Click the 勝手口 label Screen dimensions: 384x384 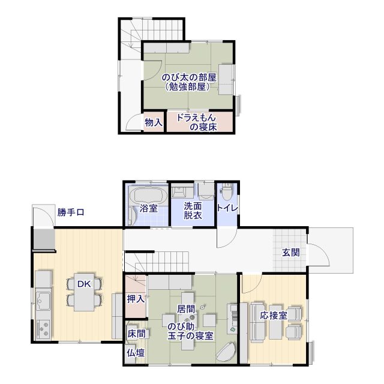(71, 212)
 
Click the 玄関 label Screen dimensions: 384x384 (291, 252)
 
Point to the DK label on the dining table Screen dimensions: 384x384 (84, 284)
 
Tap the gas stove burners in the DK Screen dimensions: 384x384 (43, 329)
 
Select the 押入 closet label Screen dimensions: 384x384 (136, 299)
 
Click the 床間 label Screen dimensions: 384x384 (136, 334)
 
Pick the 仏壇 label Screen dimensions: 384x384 (136, 353)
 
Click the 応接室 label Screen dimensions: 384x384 (274, 316)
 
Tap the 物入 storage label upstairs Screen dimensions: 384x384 (154, 122)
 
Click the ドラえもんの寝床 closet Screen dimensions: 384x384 (200, 122)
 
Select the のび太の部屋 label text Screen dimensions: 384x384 (189, 77)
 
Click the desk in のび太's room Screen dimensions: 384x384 (226, 79)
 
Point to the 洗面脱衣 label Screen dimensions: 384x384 (193, 211)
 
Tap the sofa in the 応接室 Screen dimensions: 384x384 (257, 322)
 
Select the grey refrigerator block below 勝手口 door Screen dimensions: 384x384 (44, 239)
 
